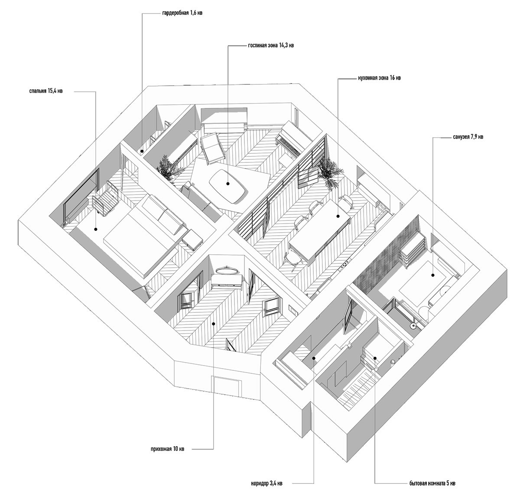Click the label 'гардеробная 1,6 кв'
(x=182, y=13)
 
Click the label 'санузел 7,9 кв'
(x=468, y=137)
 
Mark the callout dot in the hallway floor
(x=213, y=323)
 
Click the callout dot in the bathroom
(x=432, y=275)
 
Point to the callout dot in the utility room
(x=375, y=358)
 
